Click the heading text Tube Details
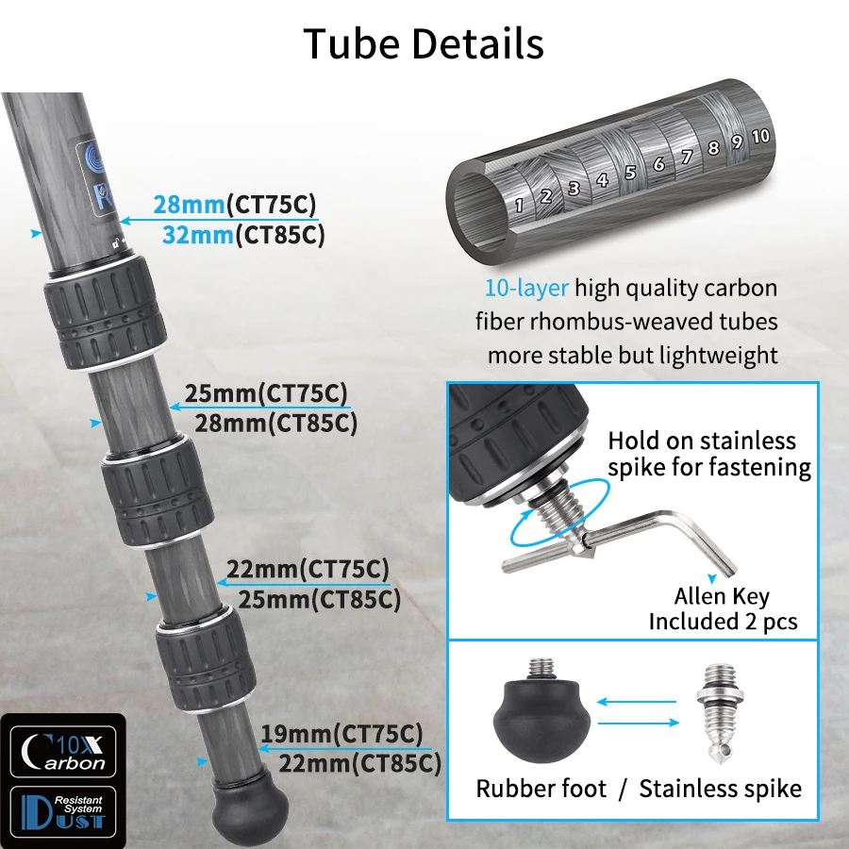[x=424, y=44]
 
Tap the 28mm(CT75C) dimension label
[x=235, y=205]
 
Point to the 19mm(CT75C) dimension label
[x=341, y=733]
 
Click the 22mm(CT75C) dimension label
[x=308, y=569]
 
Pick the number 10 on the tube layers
[x=760, y=136]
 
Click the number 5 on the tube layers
[x=630, y=173]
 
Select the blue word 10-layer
[x=526, y=288]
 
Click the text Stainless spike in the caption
[x=721, y=789]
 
